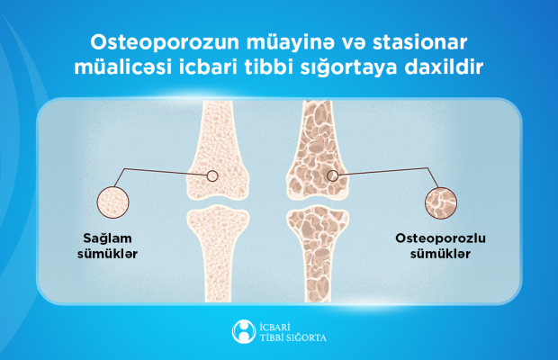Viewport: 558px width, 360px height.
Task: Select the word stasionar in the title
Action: [420, 42]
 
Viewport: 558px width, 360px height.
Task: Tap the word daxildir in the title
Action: [444, 67]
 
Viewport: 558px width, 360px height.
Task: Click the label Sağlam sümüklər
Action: [107, 247]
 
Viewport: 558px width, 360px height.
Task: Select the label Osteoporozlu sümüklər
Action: [441, 247]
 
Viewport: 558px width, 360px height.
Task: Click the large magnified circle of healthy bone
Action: [113, 202]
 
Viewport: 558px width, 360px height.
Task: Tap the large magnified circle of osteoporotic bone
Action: [441, 203]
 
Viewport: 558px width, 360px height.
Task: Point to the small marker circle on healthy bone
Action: [212, 175]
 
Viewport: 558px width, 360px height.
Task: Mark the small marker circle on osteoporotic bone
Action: [333, 175]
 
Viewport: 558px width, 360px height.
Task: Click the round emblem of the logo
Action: [244, 332]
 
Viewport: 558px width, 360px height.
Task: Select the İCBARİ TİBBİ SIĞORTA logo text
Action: [292, 332]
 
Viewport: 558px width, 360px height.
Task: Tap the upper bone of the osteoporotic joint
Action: [318, 149]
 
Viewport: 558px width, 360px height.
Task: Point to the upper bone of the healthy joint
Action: [218, 149]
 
